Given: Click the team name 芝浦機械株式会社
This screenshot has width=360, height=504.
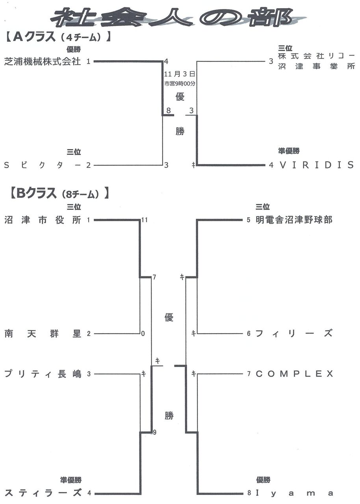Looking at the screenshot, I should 43,61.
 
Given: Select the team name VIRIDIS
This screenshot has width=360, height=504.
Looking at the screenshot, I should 317,165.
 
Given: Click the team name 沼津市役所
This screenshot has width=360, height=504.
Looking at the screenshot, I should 43,220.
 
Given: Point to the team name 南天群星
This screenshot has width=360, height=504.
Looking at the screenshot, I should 43,334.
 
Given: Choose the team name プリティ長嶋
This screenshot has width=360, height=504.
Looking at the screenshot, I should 43,374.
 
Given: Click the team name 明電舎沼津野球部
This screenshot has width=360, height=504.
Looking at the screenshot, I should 294,220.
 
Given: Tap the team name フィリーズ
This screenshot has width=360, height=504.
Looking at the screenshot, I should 294,334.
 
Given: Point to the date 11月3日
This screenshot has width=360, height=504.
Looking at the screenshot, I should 180,74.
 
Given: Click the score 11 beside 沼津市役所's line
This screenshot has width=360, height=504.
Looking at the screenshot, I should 144,220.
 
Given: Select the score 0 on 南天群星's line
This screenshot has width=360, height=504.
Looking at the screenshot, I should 143,334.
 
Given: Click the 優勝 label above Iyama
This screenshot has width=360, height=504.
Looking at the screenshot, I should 263,480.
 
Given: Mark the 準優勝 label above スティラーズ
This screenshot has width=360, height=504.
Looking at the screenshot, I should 71,480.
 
